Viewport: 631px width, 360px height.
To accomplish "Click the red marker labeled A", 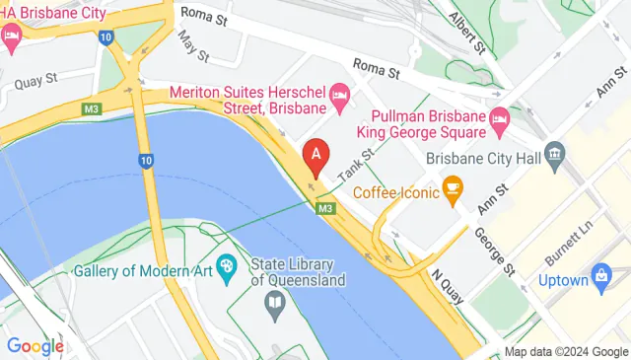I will [315, 155].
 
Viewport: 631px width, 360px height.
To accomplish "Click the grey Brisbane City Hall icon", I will [554, 154].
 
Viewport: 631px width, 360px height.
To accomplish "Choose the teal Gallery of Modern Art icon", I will [226, 264].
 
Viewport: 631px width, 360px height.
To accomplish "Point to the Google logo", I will [35, 345].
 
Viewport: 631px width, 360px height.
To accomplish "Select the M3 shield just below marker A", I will [326, 208].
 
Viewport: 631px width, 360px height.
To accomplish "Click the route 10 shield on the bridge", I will [146, 160].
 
